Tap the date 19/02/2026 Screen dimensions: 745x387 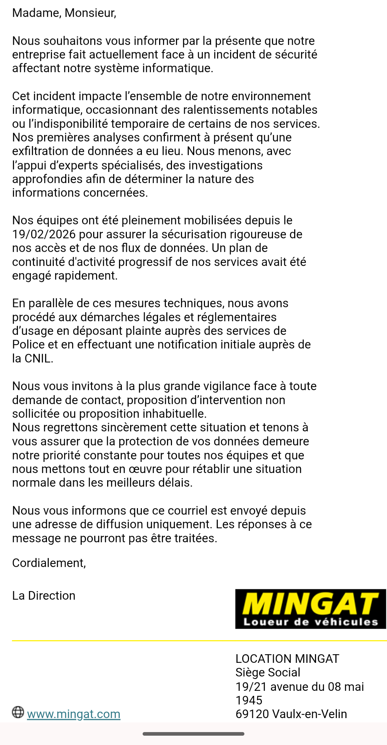pyautogui.click(x=44, y=234)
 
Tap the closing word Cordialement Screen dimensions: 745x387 pyautogui.click(x=49, y=563)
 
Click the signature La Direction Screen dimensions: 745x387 pyautogui.click(x=44, y=596)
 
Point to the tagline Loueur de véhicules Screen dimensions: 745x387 pyautogui.click(x=310, y=622)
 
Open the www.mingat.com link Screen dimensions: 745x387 pyautogui.click(x=73, y=714)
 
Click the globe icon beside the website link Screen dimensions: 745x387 pyautogui.click(x=18, y=712)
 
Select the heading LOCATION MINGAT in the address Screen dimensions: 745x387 pyautogui.click(x=287, y=659)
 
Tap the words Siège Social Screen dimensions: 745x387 pyautogui.click(x=268, y=673)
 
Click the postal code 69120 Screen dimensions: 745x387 pyautogui.click(x=252, y=714)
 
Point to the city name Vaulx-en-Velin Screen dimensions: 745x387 pyautogui.click(x=310, y=714)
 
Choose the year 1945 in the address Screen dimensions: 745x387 pyautogui.click(x=249, y=700)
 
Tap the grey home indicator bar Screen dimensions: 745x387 pyautogui.click(x=193, y=734)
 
